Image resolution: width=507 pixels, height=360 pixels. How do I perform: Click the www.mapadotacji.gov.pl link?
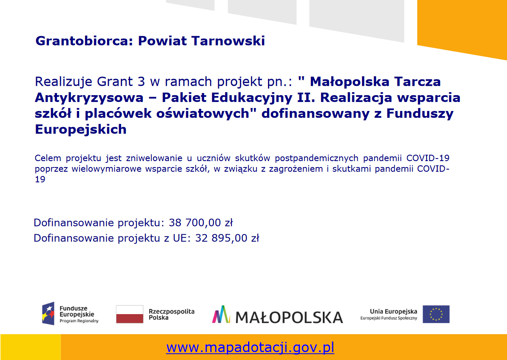click(x=250, y=348)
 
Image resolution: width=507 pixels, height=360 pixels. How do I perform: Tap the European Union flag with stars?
click(x=436, y=314)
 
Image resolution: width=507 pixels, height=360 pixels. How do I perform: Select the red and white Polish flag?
click(x=130, y=314)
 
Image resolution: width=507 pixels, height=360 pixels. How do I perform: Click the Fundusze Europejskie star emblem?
click(x=48, y=314)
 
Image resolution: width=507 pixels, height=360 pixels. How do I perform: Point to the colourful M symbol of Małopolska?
click(x=221, y=314)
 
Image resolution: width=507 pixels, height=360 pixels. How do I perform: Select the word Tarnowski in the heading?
click(x=228, y=41)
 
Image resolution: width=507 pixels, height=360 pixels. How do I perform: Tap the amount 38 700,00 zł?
click(x=201, y=223)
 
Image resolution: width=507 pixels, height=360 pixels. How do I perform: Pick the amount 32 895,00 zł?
click(x=227, y=238)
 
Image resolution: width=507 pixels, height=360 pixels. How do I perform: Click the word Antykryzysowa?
click(x=89, y=98)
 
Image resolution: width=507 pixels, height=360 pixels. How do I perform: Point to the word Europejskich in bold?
click(x=81, y=129)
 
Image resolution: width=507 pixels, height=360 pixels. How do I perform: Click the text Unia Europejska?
click(x=393, y=312)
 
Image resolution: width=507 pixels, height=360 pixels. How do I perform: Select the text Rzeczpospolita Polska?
click(x=171, y=315)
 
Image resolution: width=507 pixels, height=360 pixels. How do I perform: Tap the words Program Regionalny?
click(x=79, y=321)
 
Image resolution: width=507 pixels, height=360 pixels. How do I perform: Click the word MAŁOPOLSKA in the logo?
click(x=289, y=317)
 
